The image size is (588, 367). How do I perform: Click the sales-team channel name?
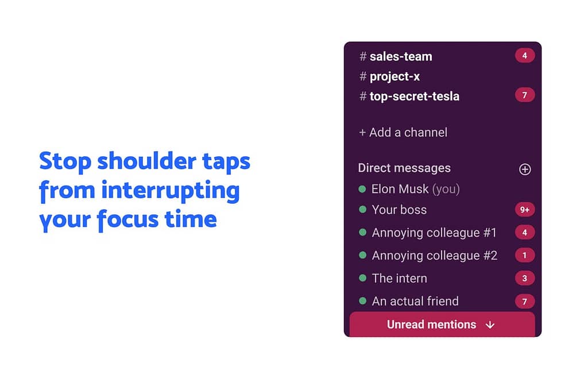coord(400,56)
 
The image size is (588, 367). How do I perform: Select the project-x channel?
coord(394,76)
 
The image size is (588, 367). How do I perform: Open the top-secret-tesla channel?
coord(415,96)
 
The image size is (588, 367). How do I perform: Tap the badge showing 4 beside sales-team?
coord(525,56)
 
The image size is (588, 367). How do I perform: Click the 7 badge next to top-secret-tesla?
coord(525,95)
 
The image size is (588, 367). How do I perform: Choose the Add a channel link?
coord(403,133)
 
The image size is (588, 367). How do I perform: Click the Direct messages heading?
coord(404,168)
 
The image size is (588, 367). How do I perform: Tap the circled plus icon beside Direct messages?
coord(525,169)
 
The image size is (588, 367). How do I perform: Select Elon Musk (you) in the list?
coord(415,189)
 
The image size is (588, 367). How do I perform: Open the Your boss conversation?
coord(399,210)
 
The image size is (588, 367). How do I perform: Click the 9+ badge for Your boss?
coord(525,210)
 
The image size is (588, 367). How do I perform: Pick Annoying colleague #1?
coord(434,233)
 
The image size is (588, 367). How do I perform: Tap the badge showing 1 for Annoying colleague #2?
coord(525,256)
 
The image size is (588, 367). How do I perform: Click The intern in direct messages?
coord(400,279)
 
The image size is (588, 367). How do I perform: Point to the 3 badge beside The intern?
coord(525,279)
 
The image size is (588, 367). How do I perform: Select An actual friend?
coord(415,302)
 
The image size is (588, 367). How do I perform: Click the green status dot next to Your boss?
coord(362,210)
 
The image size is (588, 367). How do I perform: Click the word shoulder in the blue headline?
coord(146,161)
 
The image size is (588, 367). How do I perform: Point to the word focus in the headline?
coord(127,220)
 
